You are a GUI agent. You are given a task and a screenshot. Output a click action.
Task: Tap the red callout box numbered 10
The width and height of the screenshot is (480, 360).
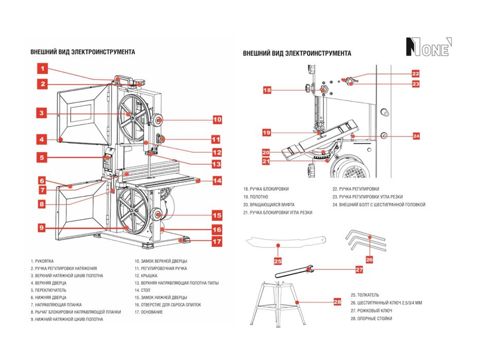click(217, 120)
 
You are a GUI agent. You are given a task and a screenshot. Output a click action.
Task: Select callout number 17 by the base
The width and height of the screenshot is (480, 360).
click(217, 241)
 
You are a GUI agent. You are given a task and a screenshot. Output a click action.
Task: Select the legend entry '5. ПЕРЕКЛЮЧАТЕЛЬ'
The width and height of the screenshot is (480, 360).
click(48, 290)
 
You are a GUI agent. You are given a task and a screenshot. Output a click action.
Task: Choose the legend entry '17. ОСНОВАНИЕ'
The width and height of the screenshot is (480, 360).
click(149, 312)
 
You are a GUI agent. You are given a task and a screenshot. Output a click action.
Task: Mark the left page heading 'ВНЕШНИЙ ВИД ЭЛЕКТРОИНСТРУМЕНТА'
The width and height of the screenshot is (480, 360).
click(83, 52)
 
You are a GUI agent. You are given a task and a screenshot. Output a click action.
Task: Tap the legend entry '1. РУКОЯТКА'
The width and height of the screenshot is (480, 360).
click(42, 261)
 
